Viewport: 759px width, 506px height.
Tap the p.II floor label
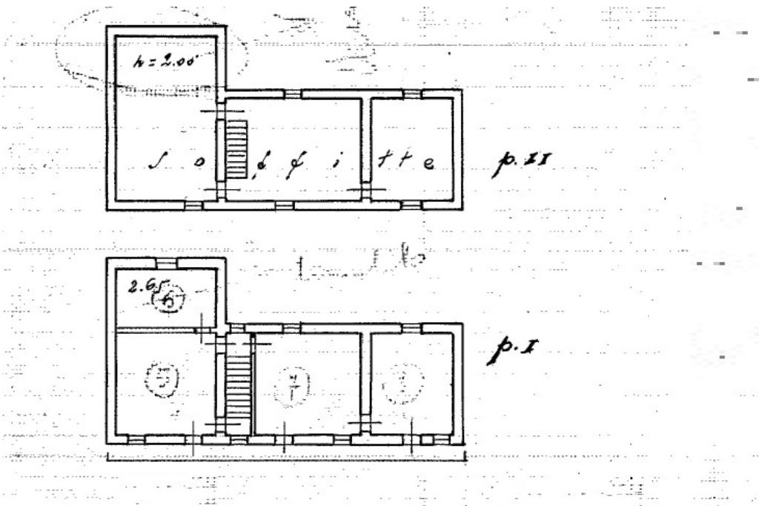click(521, 165)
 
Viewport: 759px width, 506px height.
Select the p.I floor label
click(511, 349)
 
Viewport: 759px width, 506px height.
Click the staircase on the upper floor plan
click(235, 149)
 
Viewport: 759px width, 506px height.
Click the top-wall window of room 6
click(167, 262)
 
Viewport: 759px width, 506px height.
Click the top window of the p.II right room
click(411, 93)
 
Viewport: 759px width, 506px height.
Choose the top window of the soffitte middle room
click(293, 93)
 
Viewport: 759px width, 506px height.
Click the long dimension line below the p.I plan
click(286, 454)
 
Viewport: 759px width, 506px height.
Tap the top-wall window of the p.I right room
click(411, 327)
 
